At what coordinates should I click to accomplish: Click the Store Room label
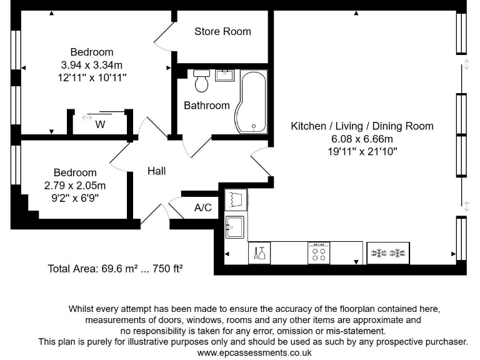222,31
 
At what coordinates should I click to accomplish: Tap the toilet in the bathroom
201,81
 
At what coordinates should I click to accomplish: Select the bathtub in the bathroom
251,102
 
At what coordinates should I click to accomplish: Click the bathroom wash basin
225,75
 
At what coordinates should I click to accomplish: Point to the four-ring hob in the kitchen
319,253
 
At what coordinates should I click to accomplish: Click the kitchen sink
235,227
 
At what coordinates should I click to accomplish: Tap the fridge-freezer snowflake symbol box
388,253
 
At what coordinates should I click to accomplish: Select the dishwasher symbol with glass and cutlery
259,253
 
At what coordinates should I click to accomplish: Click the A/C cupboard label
203,207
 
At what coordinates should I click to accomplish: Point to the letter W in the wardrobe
100,124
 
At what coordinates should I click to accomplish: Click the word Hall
156,171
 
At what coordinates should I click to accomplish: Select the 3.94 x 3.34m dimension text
92,65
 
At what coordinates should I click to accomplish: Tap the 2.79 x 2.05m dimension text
75,186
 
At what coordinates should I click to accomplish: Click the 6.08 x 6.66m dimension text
362,139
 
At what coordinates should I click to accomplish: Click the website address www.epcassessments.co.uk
254,352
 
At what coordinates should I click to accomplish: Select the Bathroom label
207,106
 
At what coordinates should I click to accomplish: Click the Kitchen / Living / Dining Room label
362,126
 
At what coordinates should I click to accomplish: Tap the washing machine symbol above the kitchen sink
236,199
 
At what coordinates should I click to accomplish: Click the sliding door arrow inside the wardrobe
87,117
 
